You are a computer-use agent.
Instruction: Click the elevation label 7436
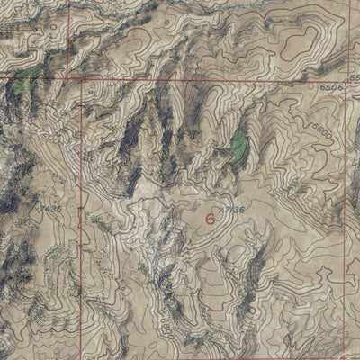(50, 209)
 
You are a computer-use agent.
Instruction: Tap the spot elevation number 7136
(235, 211)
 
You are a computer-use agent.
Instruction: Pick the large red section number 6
(211, 218)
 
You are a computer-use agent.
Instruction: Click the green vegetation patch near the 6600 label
(238, 144)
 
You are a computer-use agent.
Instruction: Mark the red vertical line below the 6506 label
(346, 180)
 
